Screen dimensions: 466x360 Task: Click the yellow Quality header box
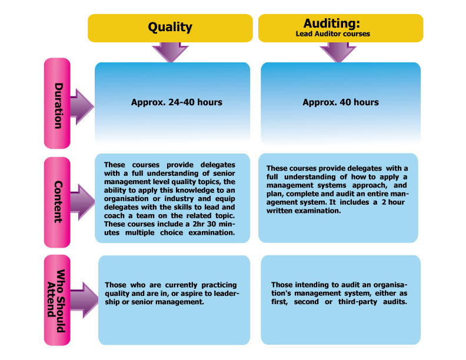pyautogui.click(x=170, y=28)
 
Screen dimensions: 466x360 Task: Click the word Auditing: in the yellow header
pyautogui.click(x=332, y=23)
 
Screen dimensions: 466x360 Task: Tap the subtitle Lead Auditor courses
pyautogui.click(x=333, y=34)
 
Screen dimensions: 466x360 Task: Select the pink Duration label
pyautogui.click(x=57, y=103)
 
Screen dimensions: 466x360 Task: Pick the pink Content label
pyautogui.click(x=57, y=202)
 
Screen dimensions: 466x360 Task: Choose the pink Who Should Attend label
pyautogui.click(x=57, y=300)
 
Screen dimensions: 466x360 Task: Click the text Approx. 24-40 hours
pyautogui.click(x=177, y=102)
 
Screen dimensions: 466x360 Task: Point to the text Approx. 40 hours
pyautogui.click(x=341, y=102)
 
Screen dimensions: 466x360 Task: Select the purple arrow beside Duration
pyautogui.click(x=82, y=106)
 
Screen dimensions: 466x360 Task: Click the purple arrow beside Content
pyautogui.click(x=82, y=202)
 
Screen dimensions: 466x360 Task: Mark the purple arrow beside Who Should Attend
pyautogui.click(x=84, y=300)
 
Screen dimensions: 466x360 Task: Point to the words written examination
pyautogui.click(x=304, y=211)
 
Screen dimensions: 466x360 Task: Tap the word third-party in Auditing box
pyautogui.click(x=358, y=302)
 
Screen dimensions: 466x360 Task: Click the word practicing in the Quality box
pyautogui.click(x=219, y=285)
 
